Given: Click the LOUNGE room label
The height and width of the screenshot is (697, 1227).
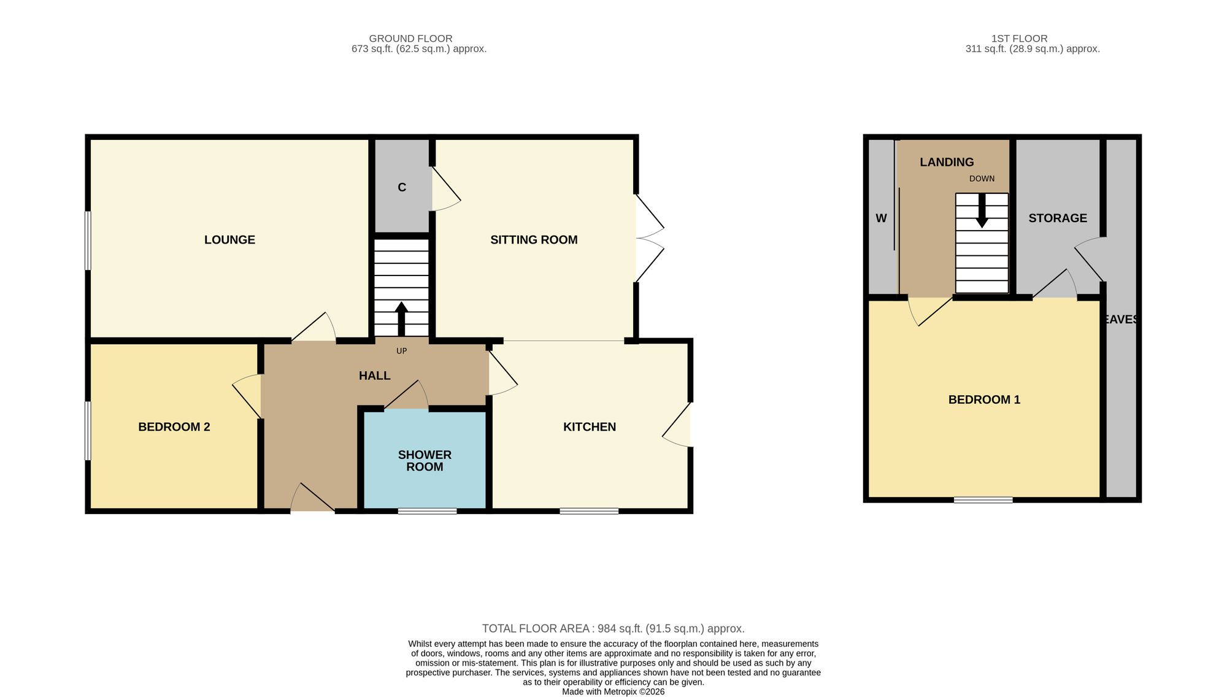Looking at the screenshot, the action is tap(229, 240).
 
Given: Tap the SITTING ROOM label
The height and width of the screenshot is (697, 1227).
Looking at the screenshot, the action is tap(534, 240).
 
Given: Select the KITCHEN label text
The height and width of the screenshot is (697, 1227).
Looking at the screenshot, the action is tap(590, 427).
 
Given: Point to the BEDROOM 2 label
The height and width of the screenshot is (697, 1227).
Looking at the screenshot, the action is tap(174, 427).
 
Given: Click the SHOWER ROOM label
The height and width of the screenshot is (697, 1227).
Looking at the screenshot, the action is tap(425, 461).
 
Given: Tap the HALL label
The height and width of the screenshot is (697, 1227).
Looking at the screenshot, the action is tap(375, 375).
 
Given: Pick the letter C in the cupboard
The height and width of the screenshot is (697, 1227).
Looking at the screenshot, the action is tap(402, 187).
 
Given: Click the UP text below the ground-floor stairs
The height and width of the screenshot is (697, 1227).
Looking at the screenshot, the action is tap(402, 351).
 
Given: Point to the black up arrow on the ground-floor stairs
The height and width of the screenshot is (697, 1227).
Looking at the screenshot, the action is tap(402, 319).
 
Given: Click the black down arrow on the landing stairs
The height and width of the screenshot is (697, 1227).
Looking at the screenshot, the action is tap(982, 210).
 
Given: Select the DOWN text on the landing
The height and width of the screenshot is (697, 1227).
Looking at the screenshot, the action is tap(982, 179).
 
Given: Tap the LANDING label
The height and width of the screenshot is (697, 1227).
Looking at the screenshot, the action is tap(947, 162).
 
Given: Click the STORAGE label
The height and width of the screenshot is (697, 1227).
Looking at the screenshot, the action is tap(1058, 218).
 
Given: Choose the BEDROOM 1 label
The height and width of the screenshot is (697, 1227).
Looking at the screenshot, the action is tap(984, 399).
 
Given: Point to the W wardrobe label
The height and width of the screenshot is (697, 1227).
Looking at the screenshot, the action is tap(881, 218).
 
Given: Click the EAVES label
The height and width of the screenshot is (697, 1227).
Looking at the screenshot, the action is tap(1120, 319).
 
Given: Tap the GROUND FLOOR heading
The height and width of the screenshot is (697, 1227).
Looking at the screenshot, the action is tap(410, 39).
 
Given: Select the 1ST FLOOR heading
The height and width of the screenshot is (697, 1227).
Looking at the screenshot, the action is tap(1020, 39).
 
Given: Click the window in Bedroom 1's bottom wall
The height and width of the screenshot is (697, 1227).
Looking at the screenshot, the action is tap(983, 500).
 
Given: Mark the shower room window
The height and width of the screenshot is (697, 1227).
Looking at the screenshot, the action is tap(427, 511).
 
